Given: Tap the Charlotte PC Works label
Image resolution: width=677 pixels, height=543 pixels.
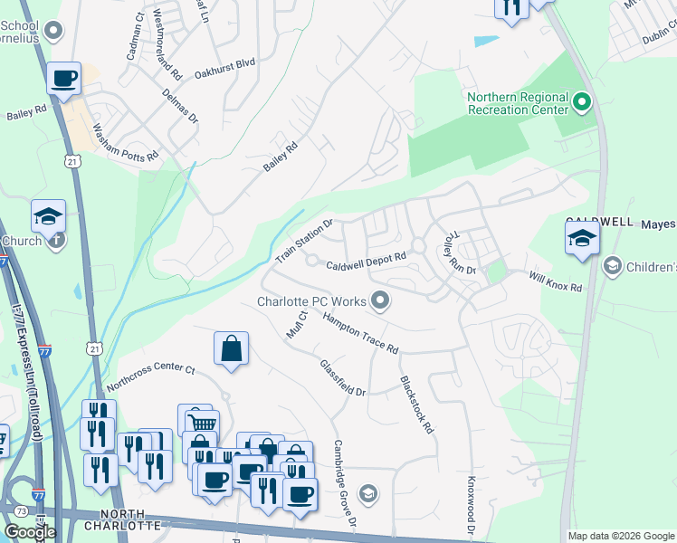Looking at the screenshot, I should [x=311, y=301].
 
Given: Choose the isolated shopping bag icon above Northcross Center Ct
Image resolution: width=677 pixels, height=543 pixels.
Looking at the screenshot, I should [x=232, y=348].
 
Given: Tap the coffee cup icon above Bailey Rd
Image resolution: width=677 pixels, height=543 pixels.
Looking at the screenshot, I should [x=64, y=78].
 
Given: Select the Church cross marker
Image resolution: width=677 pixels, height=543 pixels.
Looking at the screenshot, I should [x=56, y=241].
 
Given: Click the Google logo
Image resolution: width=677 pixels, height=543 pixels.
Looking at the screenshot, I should [x=29, y=532].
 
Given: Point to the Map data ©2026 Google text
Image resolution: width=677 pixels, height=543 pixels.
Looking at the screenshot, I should [x=621, y=536].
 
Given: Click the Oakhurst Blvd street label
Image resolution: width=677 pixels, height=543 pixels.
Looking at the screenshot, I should [x=225, y=65].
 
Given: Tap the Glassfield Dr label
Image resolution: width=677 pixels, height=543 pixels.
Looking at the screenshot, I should [x=343, y=378].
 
